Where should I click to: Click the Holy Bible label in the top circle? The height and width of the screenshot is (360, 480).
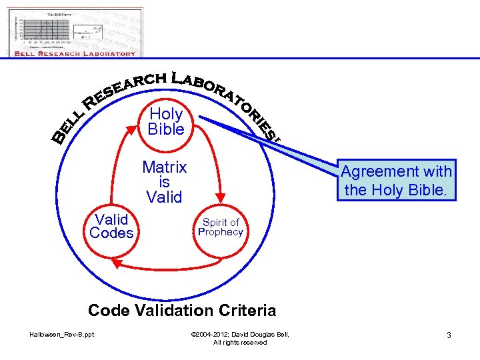pos(166,121)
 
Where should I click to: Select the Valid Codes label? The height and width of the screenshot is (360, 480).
pos(111,226)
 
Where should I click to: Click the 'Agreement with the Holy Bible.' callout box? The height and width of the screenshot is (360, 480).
pos(397,181)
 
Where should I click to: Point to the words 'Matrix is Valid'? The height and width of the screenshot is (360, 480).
pos(164,181)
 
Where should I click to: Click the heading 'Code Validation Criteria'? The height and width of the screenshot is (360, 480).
pos(182,310)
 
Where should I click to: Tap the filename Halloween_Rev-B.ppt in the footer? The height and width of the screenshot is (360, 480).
pos(61,334)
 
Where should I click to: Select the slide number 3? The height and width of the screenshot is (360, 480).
pos(449,335)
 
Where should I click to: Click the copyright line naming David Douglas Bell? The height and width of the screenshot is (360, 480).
pos(240,334)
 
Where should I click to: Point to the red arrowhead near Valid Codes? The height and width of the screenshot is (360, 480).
pos(116,264)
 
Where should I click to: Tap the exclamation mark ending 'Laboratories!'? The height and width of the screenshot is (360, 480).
pos(275,139)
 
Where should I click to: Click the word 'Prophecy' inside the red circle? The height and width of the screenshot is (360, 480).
pos(221,233)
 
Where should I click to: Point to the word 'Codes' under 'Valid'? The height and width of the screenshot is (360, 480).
pos(111,233)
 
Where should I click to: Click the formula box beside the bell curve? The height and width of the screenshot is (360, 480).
pos(91,33)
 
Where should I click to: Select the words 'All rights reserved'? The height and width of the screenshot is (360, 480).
pos(240,342)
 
